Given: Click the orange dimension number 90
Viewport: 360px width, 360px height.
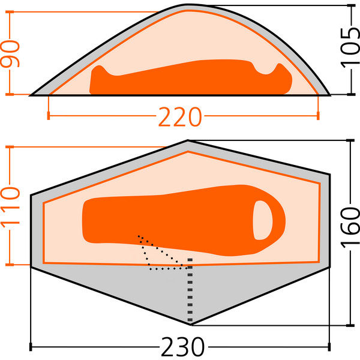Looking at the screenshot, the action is pos(10,53).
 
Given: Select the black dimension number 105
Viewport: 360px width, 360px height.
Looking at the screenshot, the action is pos(350,48).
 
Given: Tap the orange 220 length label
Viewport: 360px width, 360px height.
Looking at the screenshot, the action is pos(180,117).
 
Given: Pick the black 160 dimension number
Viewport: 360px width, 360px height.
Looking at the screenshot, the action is pos(350,228).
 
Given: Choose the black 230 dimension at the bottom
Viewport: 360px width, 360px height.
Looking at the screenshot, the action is pos(182,346).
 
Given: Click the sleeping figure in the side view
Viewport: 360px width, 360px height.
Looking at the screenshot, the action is pos(191,77).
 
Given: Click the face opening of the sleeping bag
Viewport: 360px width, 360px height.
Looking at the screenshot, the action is pos(263,220).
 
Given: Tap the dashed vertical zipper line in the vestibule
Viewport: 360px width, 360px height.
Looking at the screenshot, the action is pos(190,290).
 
